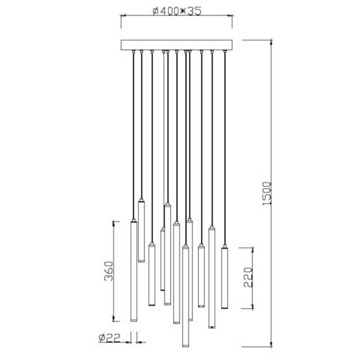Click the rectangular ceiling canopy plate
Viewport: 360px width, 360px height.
tap(177, 45)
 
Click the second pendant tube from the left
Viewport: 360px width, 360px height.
tap(142, 231)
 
